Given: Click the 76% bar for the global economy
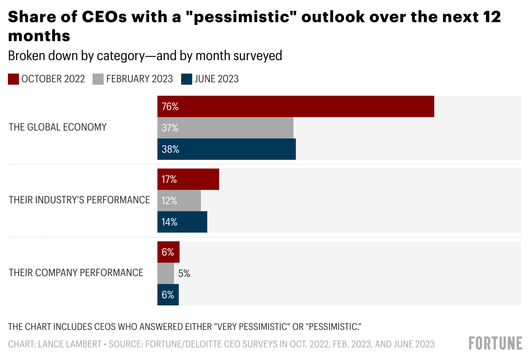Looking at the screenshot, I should pos(295,106).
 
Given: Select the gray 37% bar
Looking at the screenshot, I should pos(225,128).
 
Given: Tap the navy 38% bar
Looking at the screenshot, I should pos(226,149).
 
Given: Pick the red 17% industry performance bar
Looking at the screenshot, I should pos(188,179).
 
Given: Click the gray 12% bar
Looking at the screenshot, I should pos(179,201).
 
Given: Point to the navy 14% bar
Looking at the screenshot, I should pos(182,222).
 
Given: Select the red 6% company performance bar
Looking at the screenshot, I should pos(168,252).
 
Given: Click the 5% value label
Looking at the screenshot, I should pos(184,273).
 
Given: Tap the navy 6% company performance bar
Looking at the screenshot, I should pos(168,295).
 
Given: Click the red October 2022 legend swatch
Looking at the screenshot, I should pos(13,79).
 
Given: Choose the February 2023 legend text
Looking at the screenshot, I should pos(139,79).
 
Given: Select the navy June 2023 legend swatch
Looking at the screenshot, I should pos(186,79).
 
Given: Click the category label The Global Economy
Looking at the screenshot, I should pos(58,127).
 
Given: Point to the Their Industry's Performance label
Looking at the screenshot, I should pos(79,200).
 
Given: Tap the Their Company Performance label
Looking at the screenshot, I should pos(76,273).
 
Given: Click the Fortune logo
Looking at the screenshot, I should pos(495,343).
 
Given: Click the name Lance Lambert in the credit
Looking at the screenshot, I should pos(70,344).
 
